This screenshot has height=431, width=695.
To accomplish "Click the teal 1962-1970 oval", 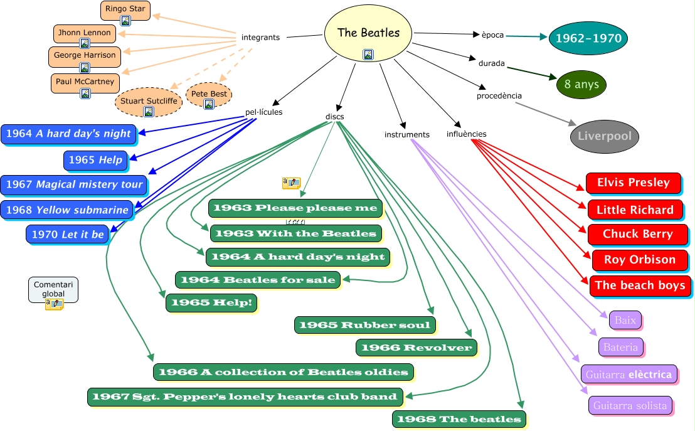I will [588, 39].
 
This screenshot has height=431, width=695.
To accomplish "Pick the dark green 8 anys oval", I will [581, 84].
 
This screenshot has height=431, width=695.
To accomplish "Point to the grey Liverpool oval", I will [605, 136].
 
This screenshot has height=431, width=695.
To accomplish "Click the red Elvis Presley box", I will [633, 183].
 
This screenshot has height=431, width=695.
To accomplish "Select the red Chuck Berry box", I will [637, 234].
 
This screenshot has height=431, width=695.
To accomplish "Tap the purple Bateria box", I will [620, 346].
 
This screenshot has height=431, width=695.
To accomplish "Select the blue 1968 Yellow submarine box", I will [66, 210].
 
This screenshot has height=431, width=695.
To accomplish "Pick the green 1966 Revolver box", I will [416, 348].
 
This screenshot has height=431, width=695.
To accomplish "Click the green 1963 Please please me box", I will [295, 208].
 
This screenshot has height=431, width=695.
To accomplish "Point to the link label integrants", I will [260, 38].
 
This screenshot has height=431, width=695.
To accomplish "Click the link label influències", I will [466, 134].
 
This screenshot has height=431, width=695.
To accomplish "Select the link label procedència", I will [499, 96].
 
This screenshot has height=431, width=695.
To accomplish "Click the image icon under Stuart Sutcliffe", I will [149, 112].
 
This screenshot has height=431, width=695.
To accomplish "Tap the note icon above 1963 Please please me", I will [291, 183].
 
